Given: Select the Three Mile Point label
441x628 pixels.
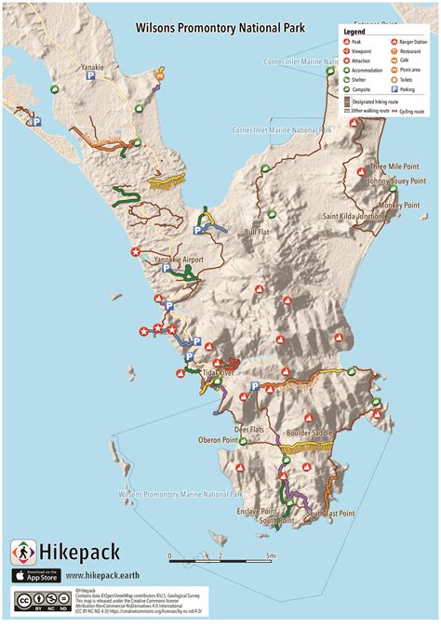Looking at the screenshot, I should pos(394,167).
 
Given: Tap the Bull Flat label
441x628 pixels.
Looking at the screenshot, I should pos(256,233).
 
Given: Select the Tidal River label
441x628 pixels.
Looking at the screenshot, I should pos(219,372).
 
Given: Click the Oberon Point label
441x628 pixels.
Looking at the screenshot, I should pos(218,440).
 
